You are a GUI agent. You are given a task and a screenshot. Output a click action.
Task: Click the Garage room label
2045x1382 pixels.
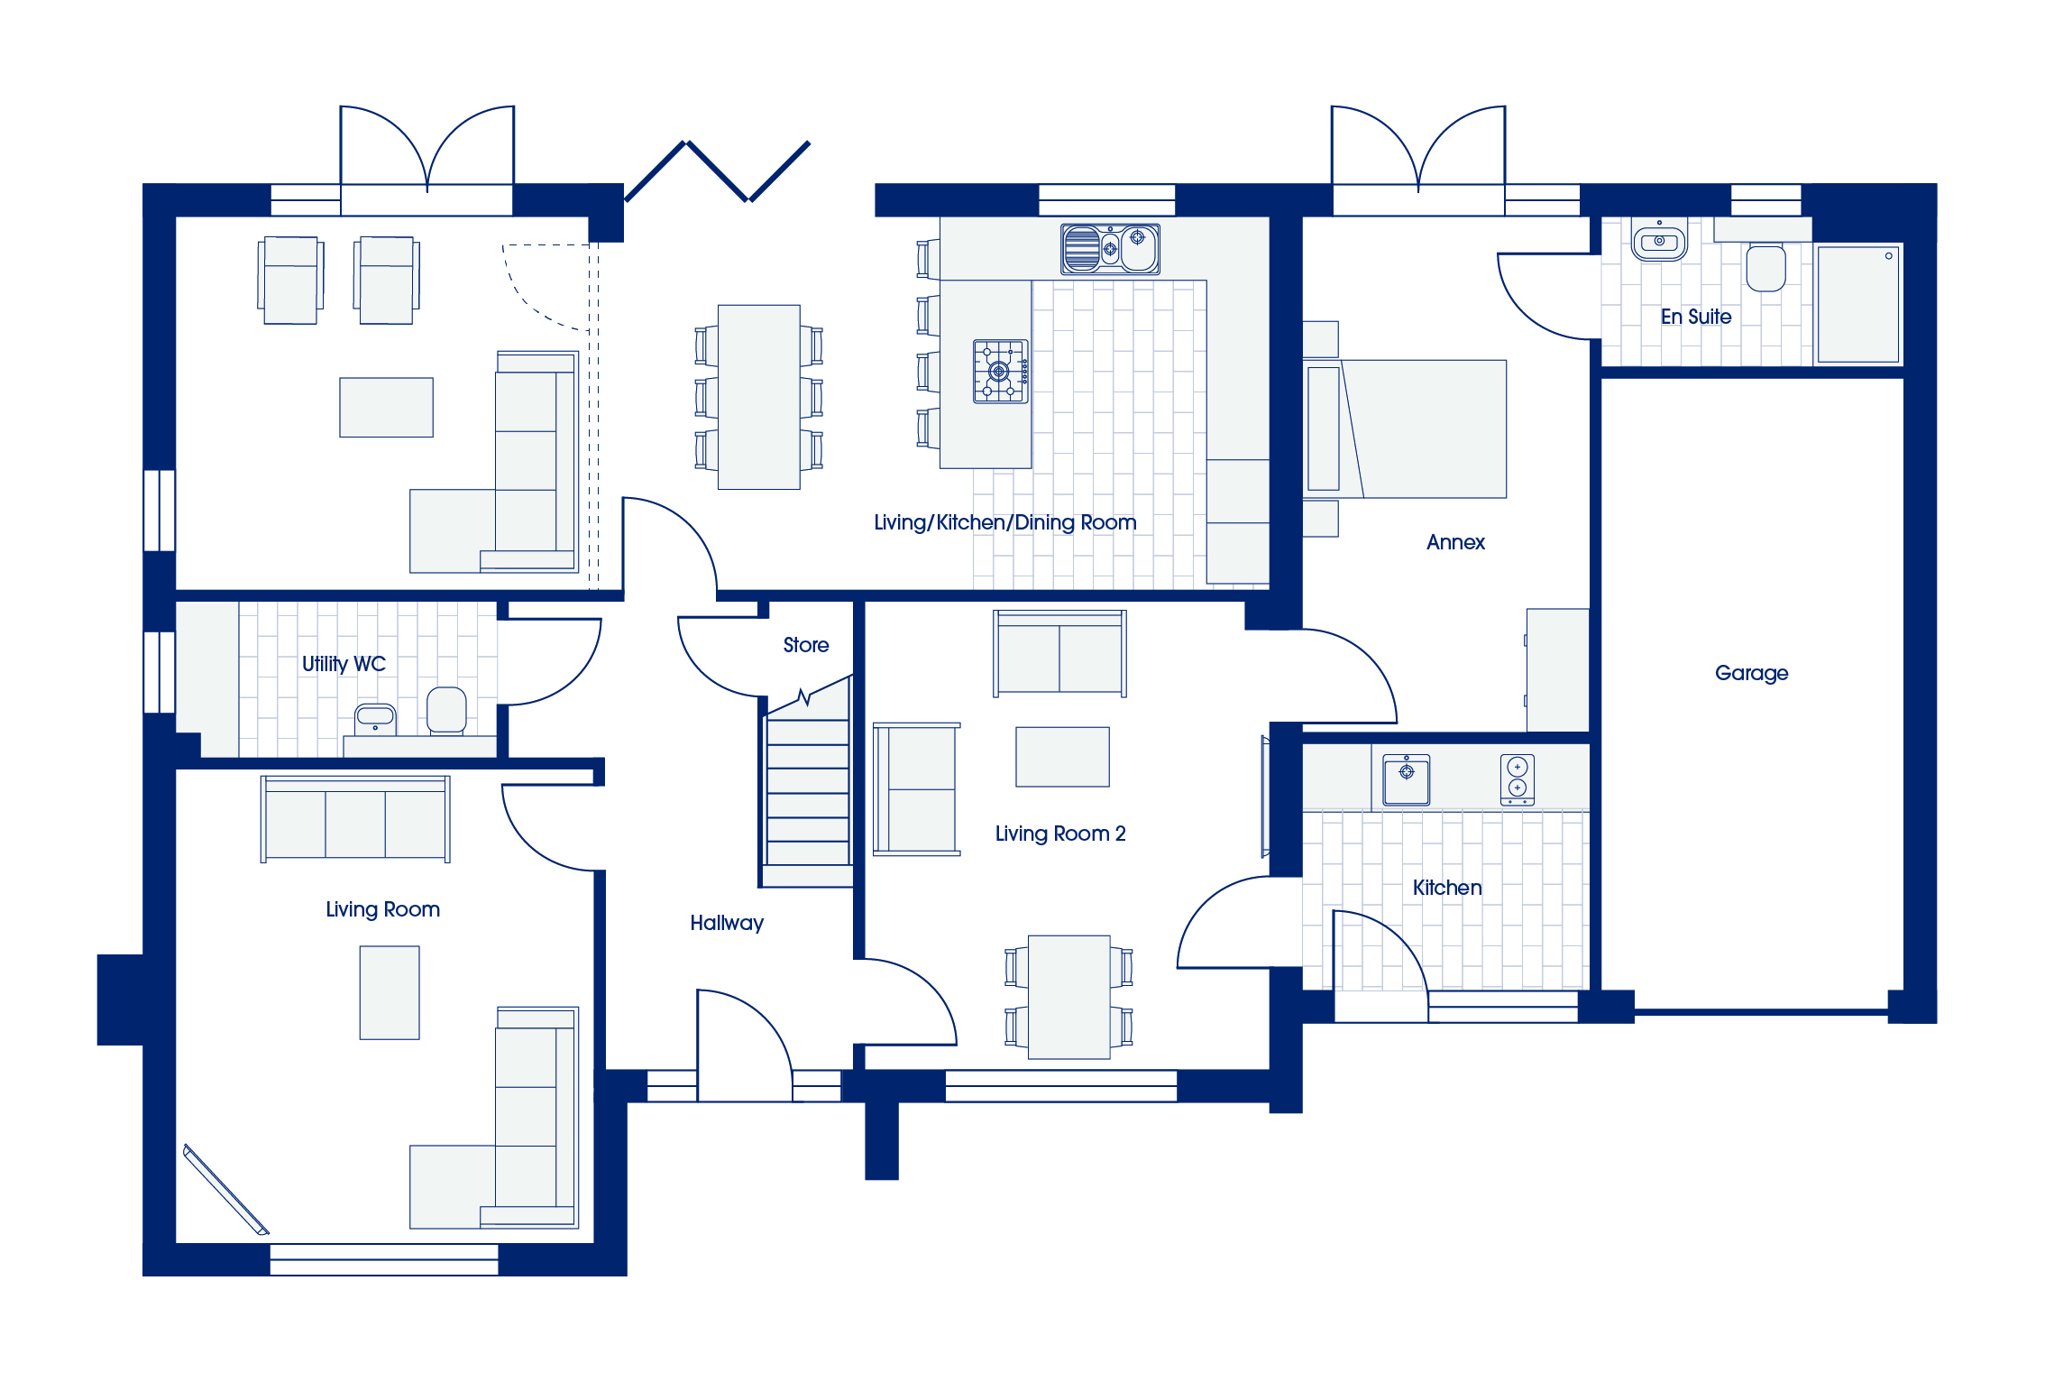point(1751,673)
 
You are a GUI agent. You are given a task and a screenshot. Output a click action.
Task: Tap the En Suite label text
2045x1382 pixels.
point(1696,317)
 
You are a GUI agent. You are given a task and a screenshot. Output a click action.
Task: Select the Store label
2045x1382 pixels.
point(806,645)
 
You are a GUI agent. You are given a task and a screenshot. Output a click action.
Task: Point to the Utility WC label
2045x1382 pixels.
point(344,664)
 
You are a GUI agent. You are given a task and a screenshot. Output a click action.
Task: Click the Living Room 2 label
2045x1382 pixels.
point(1060,834)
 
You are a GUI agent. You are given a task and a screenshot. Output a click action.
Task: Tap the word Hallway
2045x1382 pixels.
point(727,923)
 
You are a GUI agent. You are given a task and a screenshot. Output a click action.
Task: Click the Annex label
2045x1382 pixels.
point(1455,542)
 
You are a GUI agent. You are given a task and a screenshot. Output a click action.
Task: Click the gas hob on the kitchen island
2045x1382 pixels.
point(1001,371)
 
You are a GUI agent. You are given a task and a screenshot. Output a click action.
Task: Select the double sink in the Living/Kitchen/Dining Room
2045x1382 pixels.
point(1110,249)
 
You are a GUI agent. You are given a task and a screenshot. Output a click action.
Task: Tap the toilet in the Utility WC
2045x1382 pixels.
point(446,711)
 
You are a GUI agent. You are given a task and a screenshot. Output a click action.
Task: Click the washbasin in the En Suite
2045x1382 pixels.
point(1659,241)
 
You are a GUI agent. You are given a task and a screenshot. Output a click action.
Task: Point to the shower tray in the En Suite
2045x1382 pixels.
point(1858,305)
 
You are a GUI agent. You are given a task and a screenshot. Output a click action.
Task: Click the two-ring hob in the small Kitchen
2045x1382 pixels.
point(1518,779)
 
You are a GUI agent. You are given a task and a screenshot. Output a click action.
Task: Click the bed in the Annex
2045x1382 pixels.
point(1405,429)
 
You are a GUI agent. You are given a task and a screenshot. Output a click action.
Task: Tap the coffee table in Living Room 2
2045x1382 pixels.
point(1062,757)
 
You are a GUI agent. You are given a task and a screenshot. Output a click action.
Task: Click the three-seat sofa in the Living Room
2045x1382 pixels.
point(355,819)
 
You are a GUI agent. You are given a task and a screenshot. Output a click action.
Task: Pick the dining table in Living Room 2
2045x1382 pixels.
point(1069,997)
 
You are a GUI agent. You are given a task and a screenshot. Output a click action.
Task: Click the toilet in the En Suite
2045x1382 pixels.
point(1765,267)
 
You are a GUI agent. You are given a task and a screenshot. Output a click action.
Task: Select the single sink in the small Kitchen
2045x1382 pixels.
point(1407,779)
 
